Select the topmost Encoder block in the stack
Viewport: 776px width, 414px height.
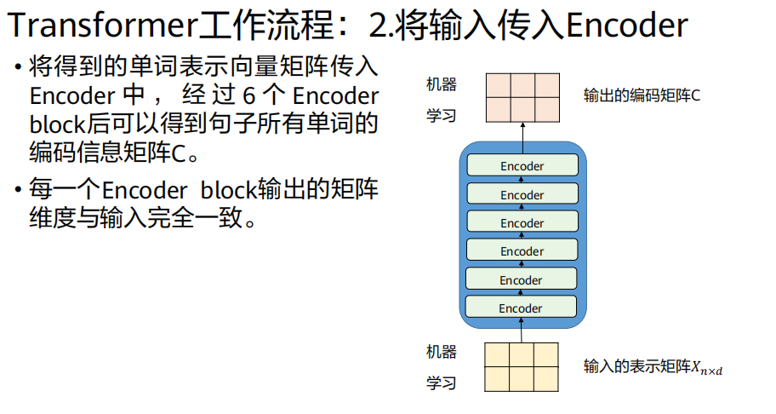522,166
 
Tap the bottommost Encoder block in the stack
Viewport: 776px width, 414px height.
522,308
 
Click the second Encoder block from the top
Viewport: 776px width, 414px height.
522,194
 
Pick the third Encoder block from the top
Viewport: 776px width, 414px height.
522,222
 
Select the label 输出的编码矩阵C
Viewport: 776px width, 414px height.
642,95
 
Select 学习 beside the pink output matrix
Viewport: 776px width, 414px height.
441,115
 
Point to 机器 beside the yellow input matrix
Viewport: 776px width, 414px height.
441,352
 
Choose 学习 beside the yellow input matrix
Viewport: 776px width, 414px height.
441,383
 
